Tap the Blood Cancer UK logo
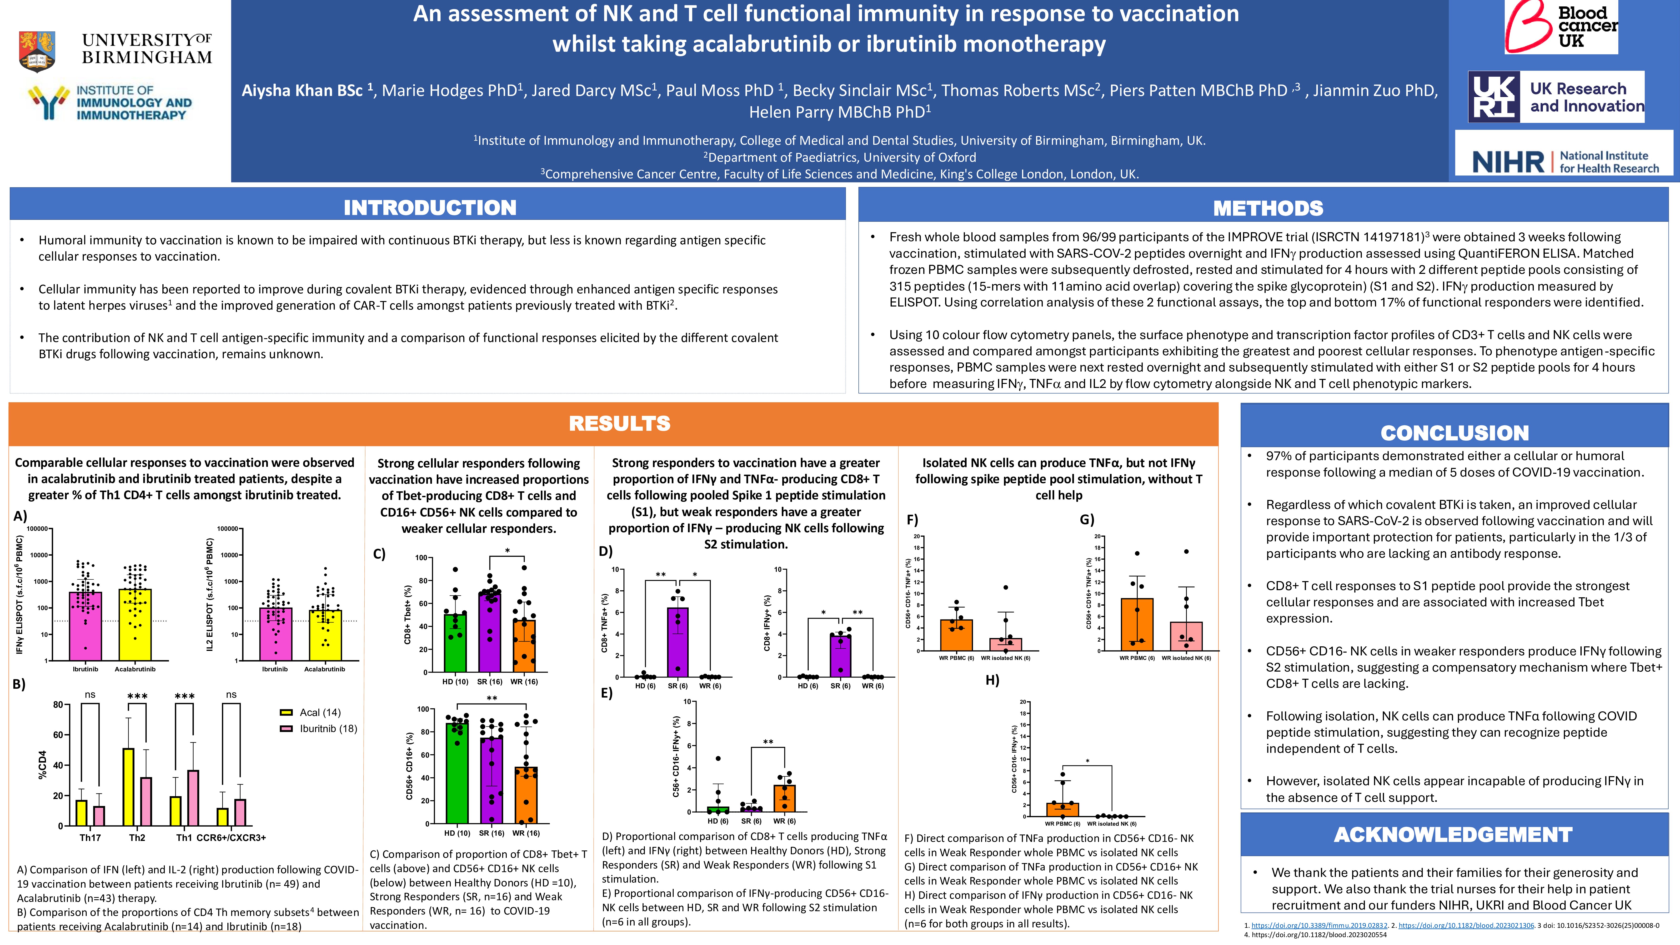pos(1561,27)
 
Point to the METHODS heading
pos(1268,208)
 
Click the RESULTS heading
pos(619,423)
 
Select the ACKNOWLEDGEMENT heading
pos(1453,835)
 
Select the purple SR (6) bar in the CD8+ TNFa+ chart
pos(678,642)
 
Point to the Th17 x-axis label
pos(90,837)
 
